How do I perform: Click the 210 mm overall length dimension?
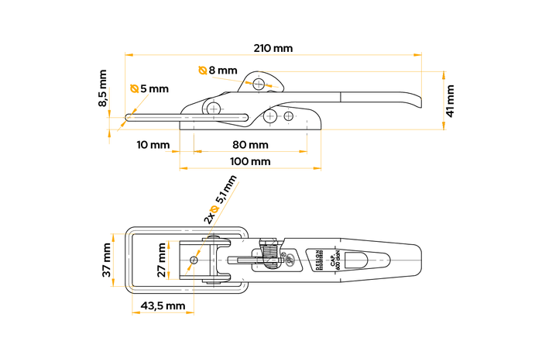273,48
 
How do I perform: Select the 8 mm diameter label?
223,71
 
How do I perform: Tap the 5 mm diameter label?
154,89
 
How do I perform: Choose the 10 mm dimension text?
153,145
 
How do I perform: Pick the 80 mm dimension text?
250,145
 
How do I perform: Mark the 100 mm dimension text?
250,161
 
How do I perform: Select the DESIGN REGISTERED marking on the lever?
319,259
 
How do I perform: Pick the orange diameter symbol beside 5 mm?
135,89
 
